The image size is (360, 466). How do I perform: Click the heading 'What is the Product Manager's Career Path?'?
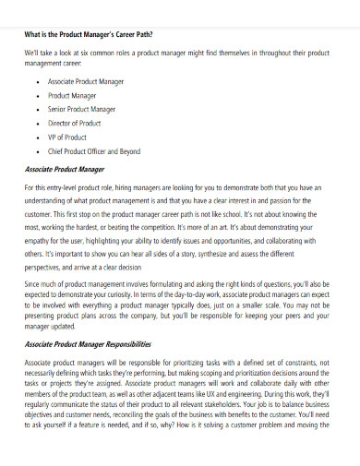pos(89,35)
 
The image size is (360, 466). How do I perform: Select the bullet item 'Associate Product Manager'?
pos(88,81)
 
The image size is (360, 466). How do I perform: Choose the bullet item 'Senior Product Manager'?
pos(83,108)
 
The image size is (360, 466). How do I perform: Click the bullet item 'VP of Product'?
pos(68,136)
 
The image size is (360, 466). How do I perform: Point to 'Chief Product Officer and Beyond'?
pos(95,149)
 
